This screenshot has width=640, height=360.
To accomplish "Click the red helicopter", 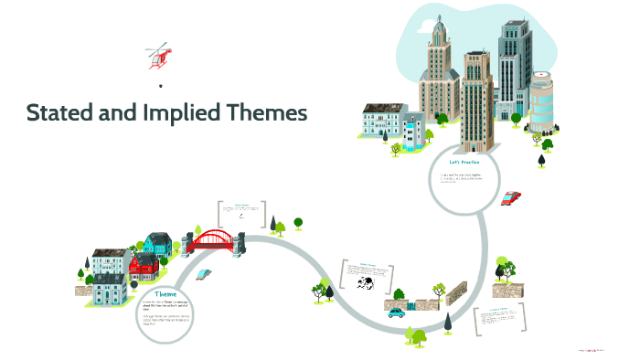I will click(158, 56).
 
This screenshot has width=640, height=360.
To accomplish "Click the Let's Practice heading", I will click(464, 162).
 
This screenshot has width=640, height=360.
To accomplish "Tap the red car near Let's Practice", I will click(511, 197).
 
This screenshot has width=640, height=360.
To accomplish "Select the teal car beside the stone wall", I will click(396, 312).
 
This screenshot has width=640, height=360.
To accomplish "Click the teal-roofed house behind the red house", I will click(157, 243).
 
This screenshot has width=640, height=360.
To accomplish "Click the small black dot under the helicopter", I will click(161, 87).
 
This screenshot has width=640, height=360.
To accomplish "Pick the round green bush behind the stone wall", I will click(436, 290).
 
